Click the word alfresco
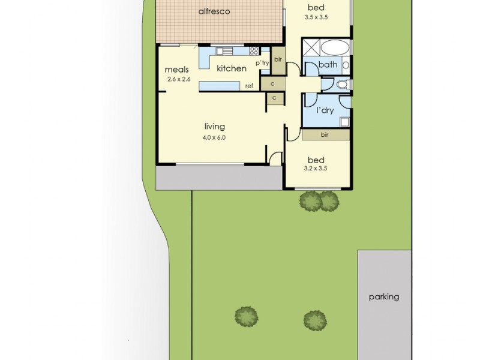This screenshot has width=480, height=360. coord(214,11)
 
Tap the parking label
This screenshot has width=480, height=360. coord(384,296)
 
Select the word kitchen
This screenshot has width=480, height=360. coord(232,68)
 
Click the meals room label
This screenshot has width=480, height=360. coord(177,69)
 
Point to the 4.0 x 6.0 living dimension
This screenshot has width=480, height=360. coord(214,137)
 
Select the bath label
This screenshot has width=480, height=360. coord(328,65)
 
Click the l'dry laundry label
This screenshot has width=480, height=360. coord(325,111)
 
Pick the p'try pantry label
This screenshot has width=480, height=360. coord(262,62)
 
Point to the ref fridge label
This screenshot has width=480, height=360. coord(248,86)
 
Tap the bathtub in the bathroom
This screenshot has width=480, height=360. coord(336,47)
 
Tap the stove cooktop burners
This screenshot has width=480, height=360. coord(254,51)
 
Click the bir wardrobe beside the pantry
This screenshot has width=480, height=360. coord(278,59)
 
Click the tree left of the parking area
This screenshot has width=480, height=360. coord(314,319)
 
